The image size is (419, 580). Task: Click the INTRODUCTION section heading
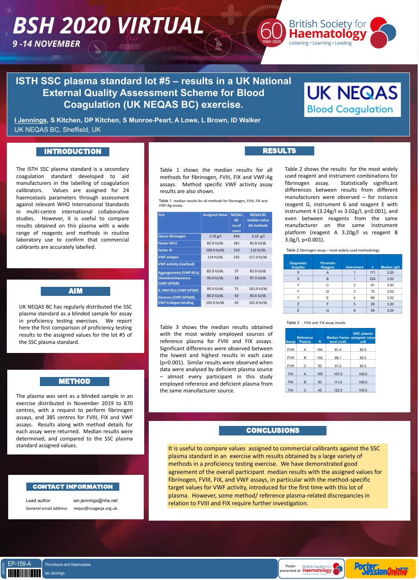coord(73,151)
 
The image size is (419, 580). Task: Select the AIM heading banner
coord(75,291)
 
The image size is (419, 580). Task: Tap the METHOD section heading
coord(74,382)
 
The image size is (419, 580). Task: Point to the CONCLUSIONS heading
coord(273,430)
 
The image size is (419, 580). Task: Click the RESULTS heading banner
coord(279,151)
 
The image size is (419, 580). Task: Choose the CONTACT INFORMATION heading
coord(73,487)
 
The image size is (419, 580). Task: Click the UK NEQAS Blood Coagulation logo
coord(352,99)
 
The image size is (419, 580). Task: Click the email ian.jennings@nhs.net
coord(95,500)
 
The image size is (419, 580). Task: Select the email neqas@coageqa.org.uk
coord(96,508)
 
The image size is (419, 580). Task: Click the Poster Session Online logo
coord(380,568)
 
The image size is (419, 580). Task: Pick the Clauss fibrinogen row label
coord(172,236)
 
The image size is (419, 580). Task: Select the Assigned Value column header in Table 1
coord(215,215)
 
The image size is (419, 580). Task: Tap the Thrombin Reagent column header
coord(327,265)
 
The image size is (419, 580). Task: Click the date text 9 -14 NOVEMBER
coord(47,44)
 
